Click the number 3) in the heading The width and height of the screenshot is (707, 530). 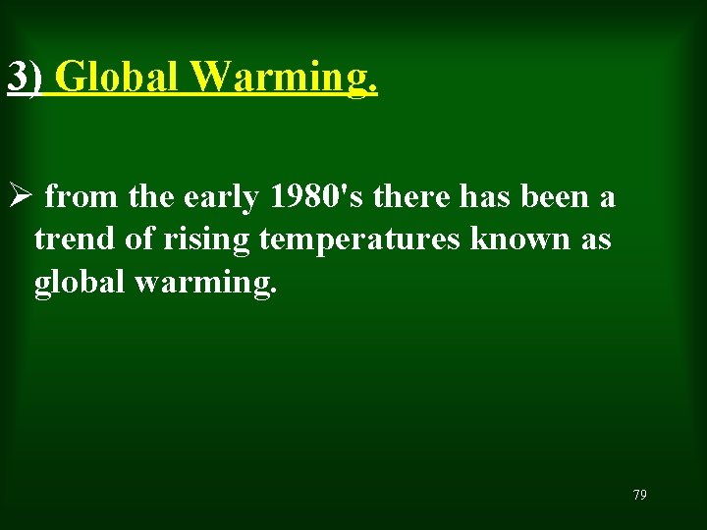[x=24, y=77]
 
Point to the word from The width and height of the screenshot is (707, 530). [x=83, y=198]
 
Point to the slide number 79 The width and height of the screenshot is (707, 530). [x=639, y=495]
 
